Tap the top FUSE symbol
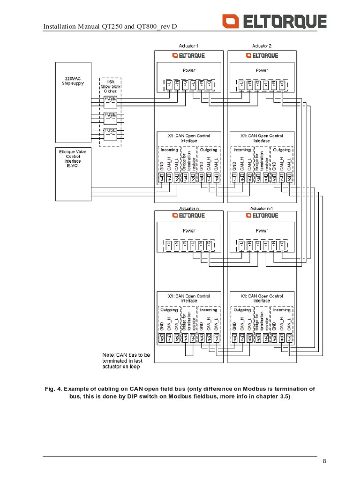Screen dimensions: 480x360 coord(110,99)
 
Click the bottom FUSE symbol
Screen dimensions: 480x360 coord(110,131)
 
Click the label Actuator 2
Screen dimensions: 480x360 coord(262,46)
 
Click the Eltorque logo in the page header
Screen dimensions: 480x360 coord(274,22)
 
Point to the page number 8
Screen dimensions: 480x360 coord(324,461)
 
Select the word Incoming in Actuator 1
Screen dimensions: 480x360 coord(169,150)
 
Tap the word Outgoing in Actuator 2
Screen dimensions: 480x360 coord(282,150)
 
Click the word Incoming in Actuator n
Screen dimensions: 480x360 coord(209,310)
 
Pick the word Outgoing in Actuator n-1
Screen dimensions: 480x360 coord(242,310)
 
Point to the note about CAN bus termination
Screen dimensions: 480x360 coord(126,361)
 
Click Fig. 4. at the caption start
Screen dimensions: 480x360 coord(53,389)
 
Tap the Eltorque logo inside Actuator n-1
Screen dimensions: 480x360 coord(261,216)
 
